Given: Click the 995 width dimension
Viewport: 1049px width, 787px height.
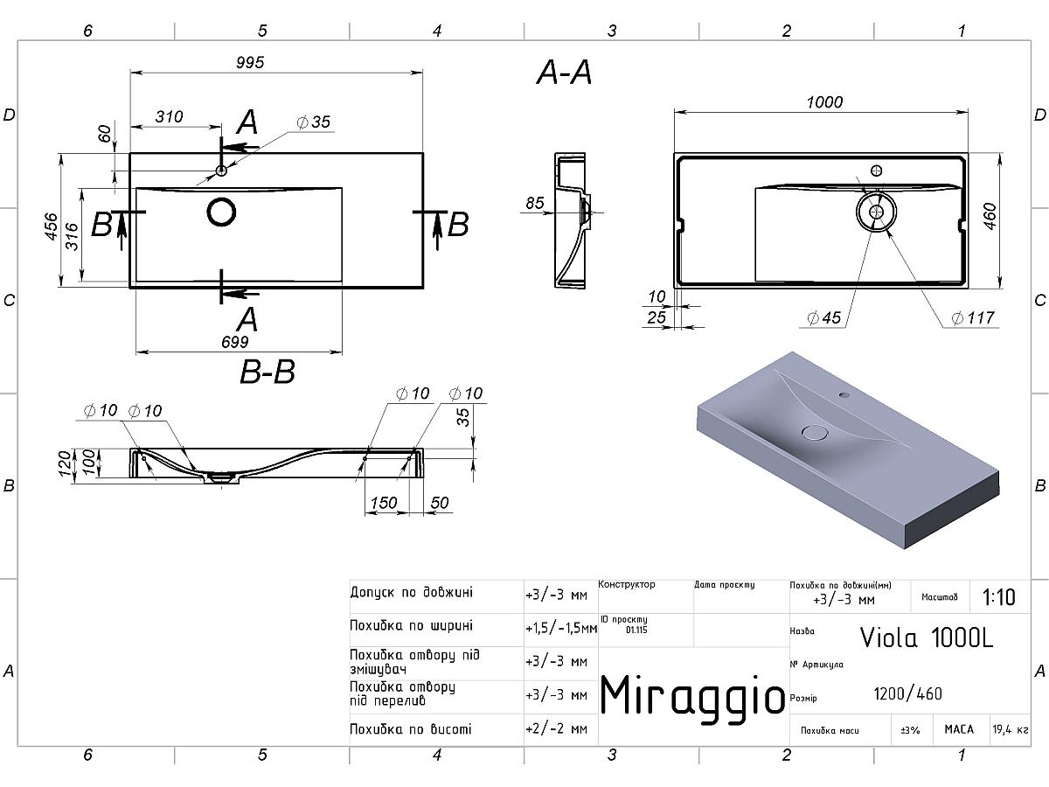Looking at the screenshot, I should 248,62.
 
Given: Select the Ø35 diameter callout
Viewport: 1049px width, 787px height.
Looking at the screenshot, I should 313,122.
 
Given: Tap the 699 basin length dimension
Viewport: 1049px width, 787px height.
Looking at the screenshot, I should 234,342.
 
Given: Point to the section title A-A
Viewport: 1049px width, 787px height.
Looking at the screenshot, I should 564,74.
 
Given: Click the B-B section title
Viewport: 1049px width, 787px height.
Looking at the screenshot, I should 267,372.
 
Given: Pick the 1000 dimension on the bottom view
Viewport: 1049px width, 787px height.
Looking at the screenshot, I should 824,102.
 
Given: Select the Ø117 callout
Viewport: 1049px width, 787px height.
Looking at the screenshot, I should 973,317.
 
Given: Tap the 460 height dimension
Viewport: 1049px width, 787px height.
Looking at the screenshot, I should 990,215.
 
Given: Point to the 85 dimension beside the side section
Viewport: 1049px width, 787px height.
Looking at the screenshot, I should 535,203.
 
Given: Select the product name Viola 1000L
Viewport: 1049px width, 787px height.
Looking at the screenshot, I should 927,637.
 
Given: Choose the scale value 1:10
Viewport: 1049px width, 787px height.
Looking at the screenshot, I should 999,597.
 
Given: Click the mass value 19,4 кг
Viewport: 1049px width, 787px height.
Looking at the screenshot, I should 1010,728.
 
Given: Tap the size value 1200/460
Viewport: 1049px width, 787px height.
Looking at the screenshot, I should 907,693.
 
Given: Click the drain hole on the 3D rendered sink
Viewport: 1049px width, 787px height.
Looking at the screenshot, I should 815,431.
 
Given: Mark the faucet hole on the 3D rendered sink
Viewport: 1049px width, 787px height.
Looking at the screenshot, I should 844,395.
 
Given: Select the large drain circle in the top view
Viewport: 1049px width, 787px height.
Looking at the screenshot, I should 222,212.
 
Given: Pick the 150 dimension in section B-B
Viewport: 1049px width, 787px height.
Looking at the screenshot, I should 384,503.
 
